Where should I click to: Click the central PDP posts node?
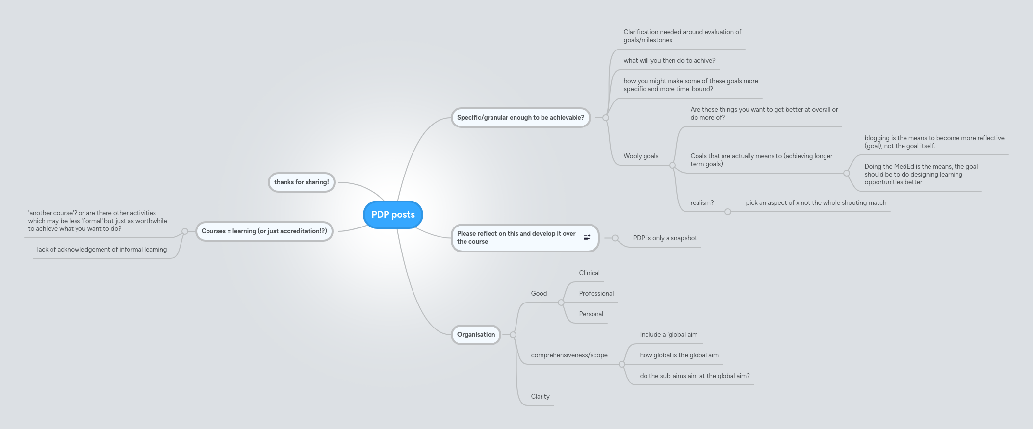393,215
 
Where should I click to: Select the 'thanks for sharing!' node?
301,182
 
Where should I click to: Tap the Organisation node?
476,335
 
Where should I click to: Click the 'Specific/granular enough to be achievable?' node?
520,118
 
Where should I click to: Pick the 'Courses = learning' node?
264,231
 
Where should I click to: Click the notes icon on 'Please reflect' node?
587,238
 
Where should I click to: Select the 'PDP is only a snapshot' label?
665,238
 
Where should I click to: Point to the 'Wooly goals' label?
641,156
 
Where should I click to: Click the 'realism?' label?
702,203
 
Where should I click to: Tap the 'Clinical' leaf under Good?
589,273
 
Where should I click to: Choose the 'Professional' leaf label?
596,294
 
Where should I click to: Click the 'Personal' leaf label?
591,314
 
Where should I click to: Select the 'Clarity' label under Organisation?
540,397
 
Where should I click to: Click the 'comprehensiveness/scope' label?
569,355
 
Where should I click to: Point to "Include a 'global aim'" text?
669,335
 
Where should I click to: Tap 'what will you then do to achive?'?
669,61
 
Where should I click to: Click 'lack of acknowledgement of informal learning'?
102,250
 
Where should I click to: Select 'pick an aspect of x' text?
816,203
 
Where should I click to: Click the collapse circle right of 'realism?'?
728,212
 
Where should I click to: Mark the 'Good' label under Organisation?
539,294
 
